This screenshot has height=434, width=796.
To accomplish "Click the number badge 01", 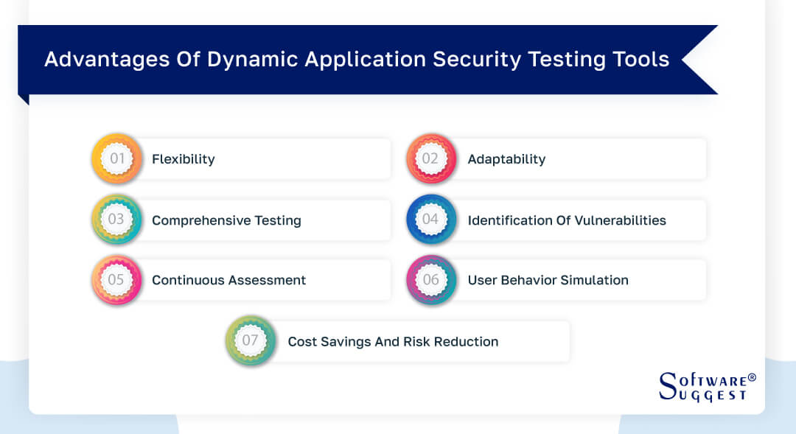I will pos(116,158).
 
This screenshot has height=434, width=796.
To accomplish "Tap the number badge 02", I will pos(430,158).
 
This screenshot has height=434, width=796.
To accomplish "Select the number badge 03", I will pos(116,220).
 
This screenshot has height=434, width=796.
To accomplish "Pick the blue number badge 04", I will pos(430,220).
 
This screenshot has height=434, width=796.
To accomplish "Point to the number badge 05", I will pos(116,280).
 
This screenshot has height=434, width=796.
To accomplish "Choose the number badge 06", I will pos(430,280).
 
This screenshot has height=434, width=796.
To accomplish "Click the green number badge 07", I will pos(251,341).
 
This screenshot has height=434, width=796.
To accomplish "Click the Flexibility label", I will pos(183,159).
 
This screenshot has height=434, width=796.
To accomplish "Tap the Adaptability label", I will pos(506,159).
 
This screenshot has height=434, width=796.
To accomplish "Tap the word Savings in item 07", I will pos(348,342).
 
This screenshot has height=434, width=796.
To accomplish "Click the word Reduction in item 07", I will pos(465,342).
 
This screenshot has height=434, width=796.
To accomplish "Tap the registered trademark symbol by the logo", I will pos(752,377).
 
